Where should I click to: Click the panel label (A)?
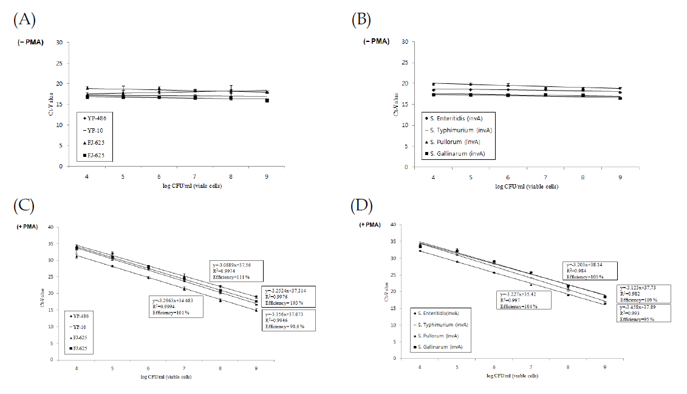point(24,19)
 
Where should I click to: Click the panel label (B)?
point(363,19)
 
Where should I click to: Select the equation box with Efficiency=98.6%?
point(289,320)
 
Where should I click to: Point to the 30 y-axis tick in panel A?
point(59,43)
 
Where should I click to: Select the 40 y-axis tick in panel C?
point(59,227)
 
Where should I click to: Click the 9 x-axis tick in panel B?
point(620,176)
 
